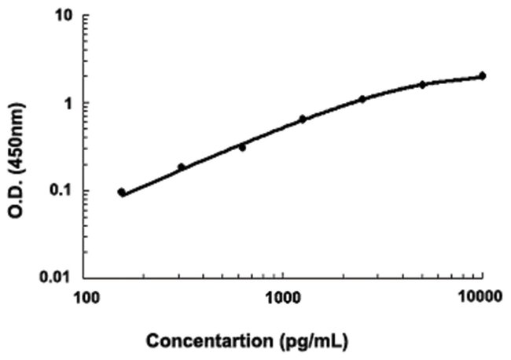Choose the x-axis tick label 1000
(283, 297)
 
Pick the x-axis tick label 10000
(480, 297)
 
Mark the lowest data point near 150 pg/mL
(121, 192)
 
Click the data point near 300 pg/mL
(181, 167)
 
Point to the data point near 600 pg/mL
(242, 147)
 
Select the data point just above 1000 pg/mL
(302, 119)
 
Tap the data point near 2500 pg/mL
(362, 99)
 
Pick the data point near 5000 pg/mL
(422, 84)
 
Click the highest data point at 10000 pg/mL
(482, 75)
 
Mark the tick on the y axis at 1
(89, 103)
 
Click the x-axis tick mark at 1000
(283, 275)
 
